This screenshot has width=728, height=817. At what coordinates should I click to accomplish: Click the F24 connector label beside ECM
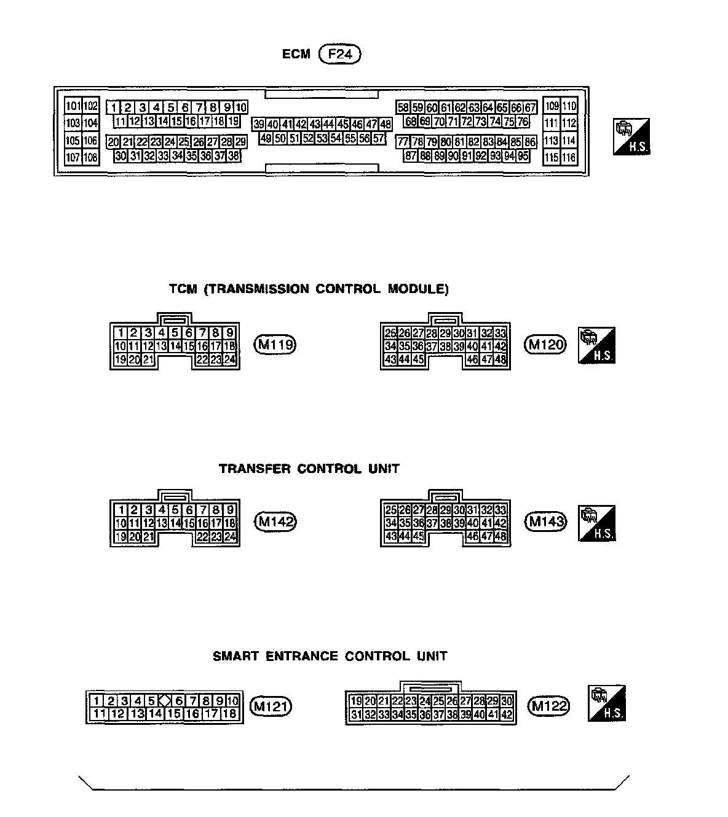340,54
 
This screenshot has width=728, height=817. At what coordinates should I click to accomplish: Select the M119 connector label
275,345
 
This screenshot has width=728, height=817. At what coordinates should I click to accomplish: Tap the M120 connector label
545,345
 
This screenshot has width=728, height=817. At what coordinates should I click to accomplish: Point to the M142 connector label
275,522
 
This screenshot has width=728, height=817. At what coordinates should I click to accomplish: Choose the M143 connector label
545,522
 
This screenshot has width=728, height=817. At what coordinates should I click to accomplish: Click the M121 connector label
271,706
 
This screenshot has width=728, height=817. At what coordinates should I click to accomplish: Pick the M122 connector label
549,706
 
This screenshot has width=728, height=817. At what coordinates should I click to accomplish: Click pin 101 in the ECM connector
73,106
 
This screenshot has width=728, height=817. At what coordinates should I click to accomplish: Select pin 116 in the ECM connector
569,158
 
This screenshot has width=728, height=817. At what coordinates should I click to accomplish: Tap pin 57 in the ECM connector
379,138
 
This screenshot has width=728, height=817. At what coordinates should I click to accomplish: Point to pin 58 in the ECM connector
403,107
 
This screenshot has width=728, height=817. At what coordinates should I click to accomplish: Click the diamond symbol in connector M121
165,700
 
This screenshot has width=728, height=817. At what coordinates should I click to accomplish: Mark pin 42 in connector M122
507,714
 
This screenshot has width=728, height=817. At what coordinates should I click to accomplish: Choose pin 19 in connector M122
355,701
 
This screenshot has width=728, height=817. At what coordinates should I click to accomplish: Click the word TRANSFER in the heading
255,469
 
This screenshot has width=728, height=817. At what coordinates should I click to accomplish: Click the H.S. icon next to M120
596,345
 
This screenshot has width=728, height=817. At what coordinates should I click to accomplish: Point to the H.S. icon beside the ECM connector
631,136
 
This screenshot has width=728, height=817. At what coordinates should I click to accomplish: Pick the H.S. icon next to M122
606,703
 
